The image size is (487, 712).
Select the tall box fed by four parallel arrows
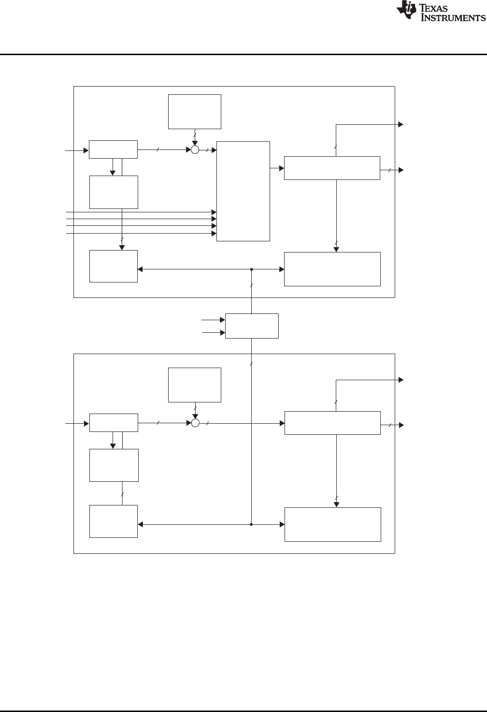click(x=243, y=191)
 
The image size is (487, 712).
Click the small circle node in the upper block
click(x=195, y=150)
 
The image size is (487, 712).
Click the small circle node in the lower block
click(x=195, y=423)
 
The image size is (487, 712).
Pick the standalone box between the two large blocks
click(x=252, y=326)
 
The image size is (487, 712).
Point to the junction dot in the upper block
click(x=252, y=269)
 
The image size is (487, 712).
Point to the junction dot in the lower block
click(x=252, y=524)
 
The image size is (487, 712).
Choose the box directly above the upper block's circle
click(x=194, y=111)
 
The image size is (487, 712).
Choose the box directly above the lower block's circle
click(x=194, y=385)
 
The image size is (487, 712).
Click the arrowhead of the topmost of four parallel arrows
click(x=214, y=212)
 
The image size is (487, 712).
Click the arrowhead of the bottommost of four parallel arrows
click(x=214, y=234)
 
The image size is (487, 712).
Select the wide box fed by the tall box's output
click(x=332, y=168)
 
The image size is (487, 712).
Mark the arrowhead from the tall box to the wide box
click(x=281, y=168)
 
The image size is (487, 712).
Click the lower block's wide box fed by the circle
click(x=332, y=423)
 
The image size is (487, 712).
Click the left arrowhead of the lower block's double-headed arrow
click(x=141, y=524)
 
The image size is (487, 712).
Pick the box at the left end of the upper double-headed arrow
click(x=114, y=266)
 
